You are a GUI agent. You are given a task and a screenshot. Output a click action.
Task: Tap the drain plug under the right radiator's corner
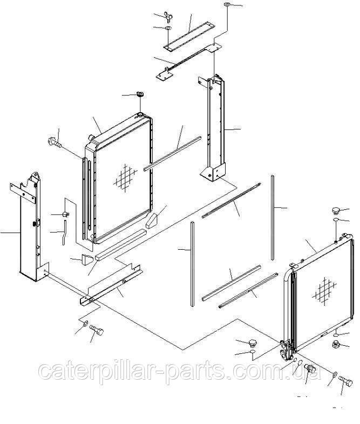[x=311, y=371]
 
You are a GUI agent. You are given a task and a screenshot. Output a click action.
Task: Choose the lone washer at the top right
[x=227, y=6]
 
